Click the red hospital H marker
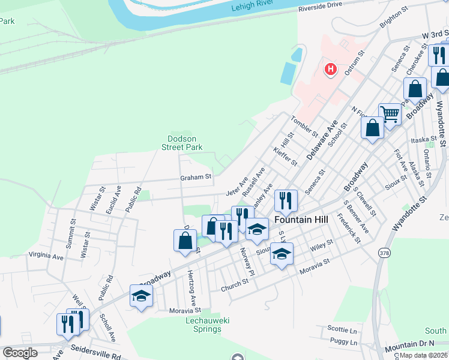(330, 70)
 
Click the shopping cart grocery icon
(390, 113)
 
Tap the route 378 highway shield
(384, 253)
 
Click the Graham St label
(196, 177)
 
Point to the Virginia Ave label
(46, 256)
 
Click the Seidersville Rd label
(95, 348)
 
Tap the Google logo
(20, 353)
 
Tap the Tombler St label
(304, 126)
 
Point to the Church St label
(234, 282)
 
